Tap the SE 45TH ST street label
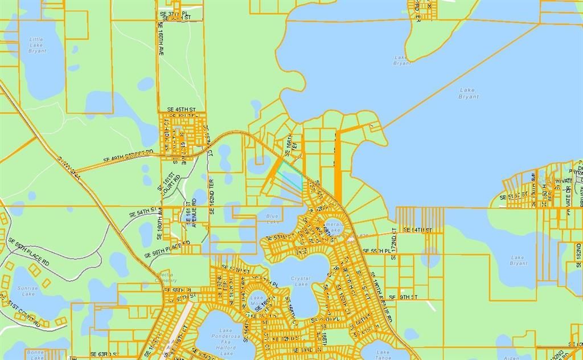(181, 109)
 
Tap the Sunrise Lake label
(25, 291)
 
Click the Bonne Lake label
(11, 355)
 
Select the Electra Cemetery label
(166, 277)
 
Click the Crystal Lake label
(300, 280)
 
